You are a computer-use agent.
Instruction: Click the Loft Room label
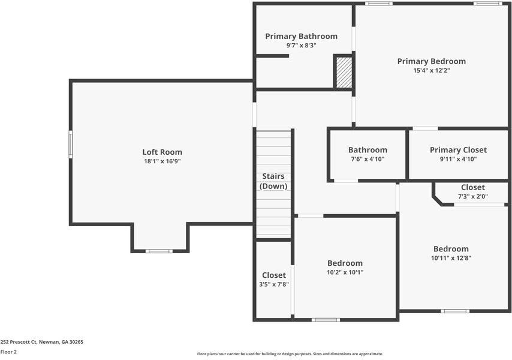coord(162,152)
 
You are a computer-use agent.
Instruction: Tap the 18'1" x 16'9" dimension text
coord(162,161)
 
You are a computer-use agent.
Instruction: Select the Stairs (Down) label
coord(273,181)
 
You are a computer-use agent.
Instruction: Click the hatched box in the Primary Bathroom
coord(344,73)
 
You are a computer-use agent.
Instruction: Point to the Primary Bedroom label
coord(431,61)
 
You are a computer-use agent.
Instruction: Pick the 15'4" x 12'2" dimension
coord(431,70)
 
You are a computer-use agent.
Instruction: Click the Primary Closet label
coord(458,150)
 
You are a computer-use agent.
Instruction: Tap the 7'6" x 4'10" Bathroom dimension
coord(368,159)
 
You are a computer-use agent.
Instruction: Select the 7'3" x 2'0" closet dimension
coord(473,196)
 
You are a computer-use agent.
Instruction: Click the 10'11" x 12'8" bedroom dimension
coord(451,258)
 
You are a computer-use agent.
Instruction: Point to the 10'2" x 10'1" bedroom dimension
coord(345,272)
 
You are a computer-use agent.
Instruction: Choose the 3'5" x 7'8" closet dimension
coord(273,284)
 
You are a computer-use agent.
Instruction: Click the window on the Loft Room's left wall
coord(70,145)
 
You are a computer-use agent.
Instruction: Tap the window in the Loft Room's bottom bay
coord(159,251)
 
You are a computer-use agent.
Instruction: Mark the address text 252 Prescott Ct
coord(42,341)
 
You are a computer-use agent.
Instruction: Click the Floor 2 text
coord(9,352)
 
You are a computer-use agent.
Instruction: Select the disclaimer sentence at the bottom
coord(290,354)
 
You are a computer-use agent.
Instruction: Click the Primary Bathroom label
coord(301,36)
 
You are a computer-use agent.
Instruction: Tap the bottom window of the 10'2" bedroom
coord(326,320)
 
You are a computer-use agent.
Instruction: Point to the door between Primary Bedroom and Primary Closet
coord(425,128)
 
